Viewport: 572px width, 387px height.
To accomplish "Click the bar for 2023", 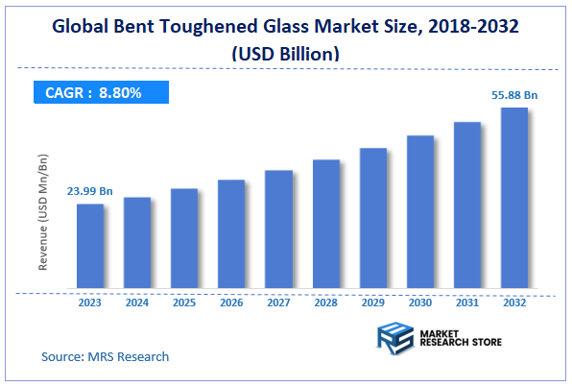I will pyautogui.click(x=90, y=246).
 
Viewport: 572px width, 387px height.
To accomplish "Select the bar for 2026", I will pyautogui.click(x=231, y=233).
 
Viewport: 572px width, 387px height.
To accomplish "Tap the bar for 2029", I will pyautogui.click(x=373, y=218).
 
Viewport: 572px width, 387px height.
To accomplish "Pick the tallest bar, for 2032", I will pyautogui.click(x=514, y=198).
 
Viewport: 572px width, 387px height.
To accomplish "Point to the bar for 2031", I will pyautogui.click(x=467, y=205).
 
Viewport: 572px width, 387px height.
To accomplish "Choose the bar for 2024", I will pyautogui.click(x=137, y=242).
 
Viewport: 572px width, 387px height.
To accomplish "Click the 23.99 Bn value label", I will pyautogui.click(x=89, y=192).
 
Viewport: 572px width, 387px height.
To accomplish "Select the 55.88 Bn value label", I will pyautogui.click(x=515, y=94).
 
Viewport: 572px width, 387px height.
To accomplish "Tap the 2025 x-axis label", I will pyautogui.click(x=184, y=302).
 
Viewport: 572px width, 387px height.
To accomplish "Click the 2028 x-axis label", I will pyautogui.click(x=326, y=302).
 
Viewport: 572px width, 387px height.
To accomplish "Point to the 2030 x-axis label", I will pyautogui.click(x=420, y=302).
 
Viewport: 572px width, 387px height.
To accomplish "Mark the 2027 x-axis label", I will pyautogui.click(x=278, y=302).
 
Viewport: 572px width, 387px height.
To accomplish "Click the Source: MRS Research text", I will pyautogui.click(x=105, y=356).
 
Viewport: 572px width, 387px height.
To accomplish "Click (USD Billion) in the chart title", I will pyautogui.click(x=284, y=55).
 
